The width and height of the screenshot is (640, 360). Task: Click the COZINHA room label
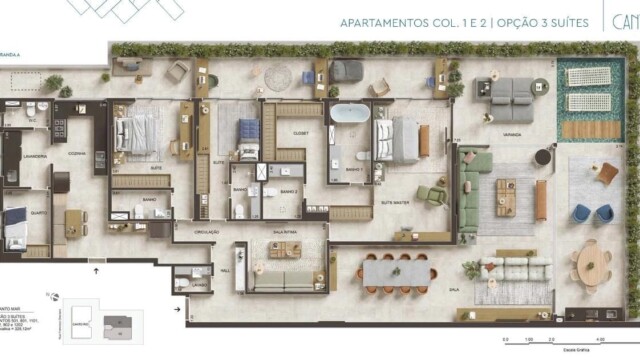pyautogui.click(x=76, y=154)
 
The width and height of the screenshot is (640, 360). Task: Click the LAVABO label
pyautogui.click(x=200, y=284)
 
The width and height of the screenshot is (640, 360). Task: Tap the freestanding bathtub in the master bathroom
pyautogui.click(x=349, y=114)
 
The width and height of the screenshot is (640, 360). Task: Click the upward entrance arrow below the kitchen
pyautogui.click(x=96, y=269)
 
